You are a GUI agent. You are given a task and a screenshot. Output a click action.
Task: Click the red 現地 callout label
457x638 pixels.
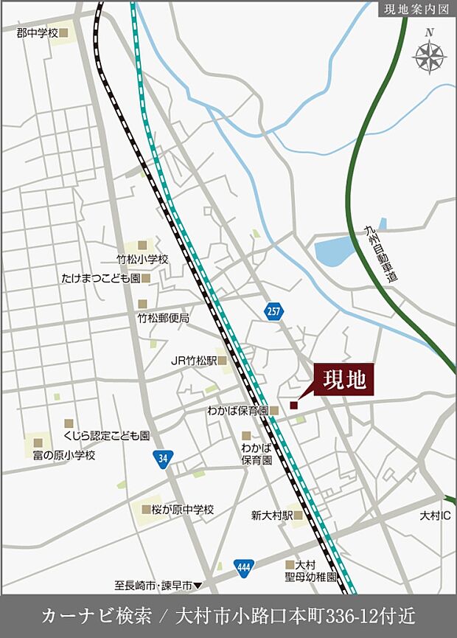coord(345,381)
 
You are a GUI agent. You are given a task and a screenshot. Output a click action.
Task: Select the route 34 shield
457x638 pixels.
coord(163,459)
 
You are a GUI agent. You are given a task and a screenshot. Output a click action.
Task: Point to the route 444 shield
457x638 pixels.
coord(244,568)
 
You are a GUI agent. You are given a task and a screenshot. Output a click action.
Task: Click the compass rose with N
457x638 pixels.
coord(429,55)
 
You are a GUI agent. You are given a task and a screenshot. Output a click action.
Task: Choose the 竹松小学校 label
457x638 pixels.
coord(143,260)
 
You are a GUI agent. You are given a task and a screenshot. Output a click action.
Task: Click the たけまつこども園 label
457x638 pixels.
coord(100,279)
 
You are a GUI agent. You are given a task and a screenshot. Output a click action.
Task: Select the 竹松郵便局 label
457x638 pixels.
coord(164,318)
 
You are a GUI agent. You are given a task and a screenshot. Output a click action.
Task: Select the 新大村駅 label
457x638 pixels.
coord(272,516)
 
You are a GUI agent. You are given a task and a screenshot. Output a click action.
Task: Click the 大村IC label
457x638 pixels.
coord(434,514)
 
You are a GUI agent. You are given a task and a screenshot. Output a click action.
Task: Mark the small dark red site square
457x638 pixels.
coord(293,405)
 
